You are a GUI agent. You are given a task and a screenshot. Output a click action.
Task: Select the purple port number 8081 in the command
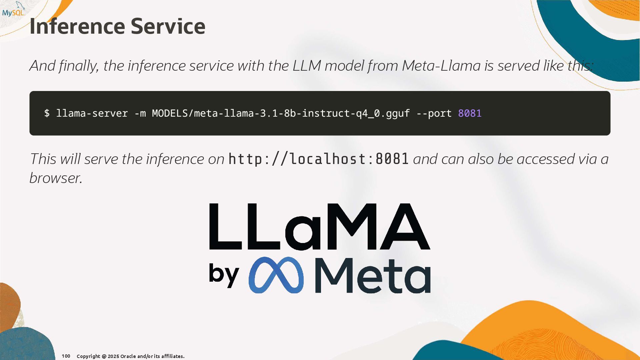pyautogui.click(x=470, y=113)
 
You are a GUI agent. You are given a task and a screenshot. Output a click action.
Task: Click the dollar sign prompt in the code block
pyautogui.click(x=47, y=113)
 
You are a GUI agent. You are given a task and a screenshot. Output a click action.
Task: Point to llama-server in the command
pyautogui.click(x=92, y=113)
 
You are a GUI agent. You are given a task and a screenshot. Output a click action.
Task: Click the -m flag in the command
pyautogui.click(x=140, y=113)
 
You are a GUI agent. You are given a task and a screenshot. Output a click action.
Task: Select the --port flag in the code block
pyautogui.click(x=434, y=113)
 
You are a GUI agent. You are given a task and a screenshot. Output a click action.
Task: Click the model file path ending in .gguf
pyautogui.click(x=281, y=113)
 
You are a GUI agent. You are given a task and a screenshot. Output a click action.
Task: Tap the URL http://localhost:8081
pyautogui.click(x=318, y=159)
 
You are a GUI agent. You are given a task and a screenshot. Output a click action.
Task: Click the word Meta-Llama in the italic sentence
pyautogui.click(x=441, y=66)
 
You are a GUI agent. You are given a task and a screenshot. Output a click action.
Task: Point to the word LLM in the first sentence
pyautogui.click(x=307, y=66)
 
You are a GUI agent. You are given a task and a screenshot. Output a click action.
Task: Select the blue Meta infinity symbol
pyautogui.click(x=276, y=275)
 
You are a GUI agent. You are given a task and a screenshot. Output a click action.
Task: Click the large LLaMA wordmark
pyautogui.click(x=319, y=227)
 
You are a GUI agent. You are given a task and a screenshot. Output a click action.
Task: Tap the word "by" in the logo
pyautogui.click(x=224, y=275)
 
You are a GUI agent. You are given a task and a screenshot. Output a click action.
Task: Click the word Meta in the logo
pyautogui.click(x=373, y=276)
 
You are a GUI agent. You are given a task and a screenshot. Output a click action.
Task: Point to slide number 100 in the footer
pyautogui.click(x=66, y=356)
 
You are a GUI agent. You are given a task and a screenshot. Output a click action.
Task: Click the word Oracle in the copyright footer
pyautogui.click(x=128, y=356)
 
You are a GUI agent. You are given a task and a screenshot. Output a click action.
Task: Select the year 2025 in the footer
pyautogui.click(x=113, y=356)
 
